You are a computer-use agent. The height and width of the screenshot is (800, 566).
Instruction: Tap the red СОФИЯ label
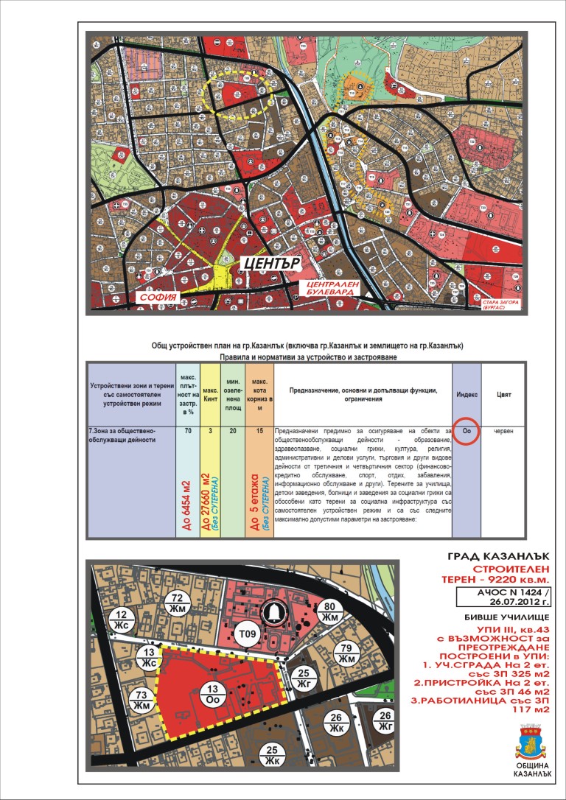(159, 298)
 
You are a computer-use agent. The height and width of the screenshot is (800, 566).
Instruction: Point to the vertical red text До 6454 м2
(187, 501)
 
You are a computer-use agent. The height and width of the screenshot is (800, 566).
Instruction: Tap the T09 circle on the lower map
(246, 634)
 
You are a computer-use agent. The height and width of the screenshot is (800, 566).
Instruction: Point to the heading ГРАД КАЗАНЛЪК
(498, 555)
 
